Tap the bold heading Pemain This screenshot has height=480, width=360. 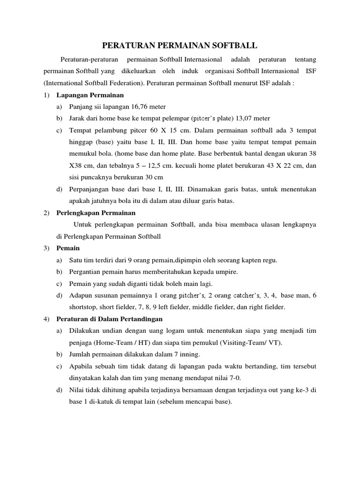pos(68,248)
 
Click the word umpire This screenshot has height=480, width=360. pos(226,272)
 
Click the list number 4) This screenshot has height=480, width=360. pos(46,319)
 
